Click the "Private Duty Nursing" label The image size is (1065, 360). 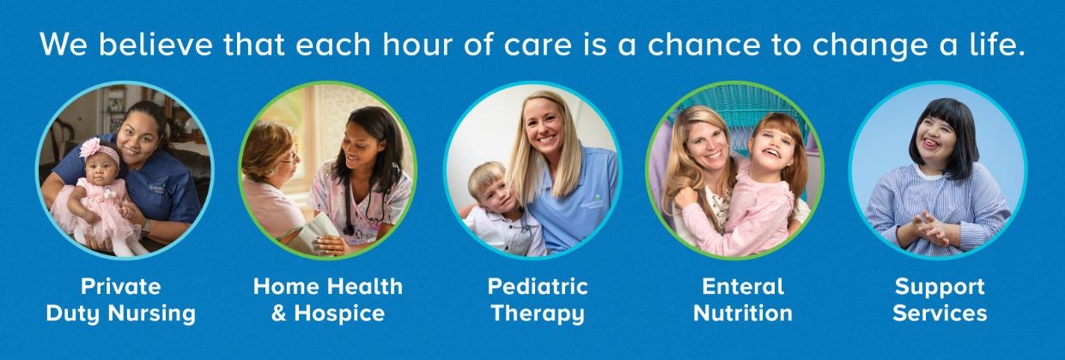[121, 299]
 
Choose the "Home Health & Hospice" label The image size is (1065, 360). [327, 299]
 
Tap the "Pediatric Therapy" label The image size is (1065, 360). [538, 299]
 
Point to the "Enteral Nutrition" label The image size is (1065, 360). [743, 299]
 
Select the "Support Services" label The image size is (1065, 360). [940, 299]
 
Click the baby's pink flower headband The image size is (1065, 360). [93, 149]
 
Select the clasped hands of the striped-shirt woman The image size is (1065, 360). [928, 229]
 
